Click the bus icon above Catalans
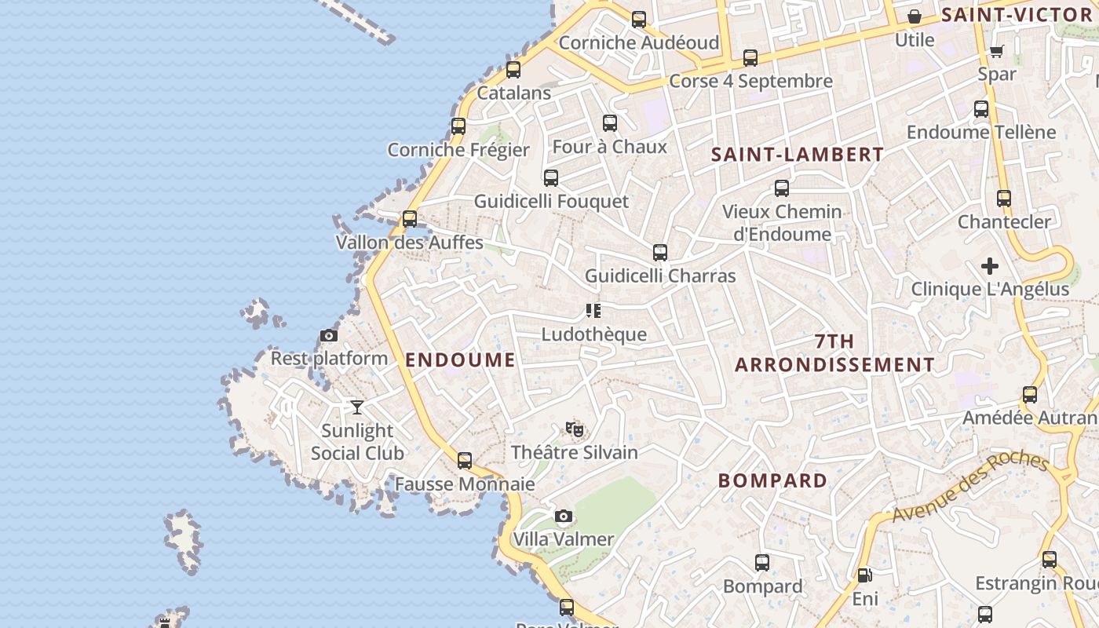pyautogui.click(x=513, y=70)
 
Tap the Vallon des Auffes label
pyautogui.click(x=410, y=243)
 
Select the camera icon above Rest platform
pyautogui.click(x=329, y=336)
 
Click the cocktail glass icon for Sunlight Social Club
pyautogui.click(x=357, y=407)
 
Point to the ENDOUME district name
pyautogui.click(x=460, y=360)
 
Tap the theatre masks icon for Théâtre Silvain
pyautogui.click(x=575, y=429)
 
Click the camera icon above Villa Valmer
pyautogui.click(x=563, y=517)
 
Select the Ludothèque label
pyautogui.click(x=593, y=334)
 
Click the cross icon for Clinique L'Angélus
pyautogui.click(x=990, y=266)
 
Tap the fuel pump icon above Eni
pyautogui.click(x=864, y=576)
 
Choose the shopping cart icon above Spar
pyautogui.click(x=996, y=52)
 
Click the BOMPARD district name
pyautogui.click(x=772, y=480)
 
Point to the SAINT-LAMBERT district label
pyautogui.click(x=798, y=155)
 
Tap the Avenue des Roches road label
pyautogui.click(x=969, y=487)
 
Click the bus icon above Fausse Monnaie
pyautogui.click(x=465, y=461)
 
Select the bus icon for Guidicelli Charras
pyautogui.click(x=660, y=253)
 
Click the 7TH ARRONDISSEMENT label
pyautogui.click(x=834, y=353)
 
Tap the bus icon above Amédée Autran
pyautogui.click(x=1030, y=395)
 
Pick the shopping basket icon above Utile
pyautogui.click(x=915, y=16)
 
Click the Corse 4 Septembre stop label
pyautogui.click(x=750, y=82)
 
